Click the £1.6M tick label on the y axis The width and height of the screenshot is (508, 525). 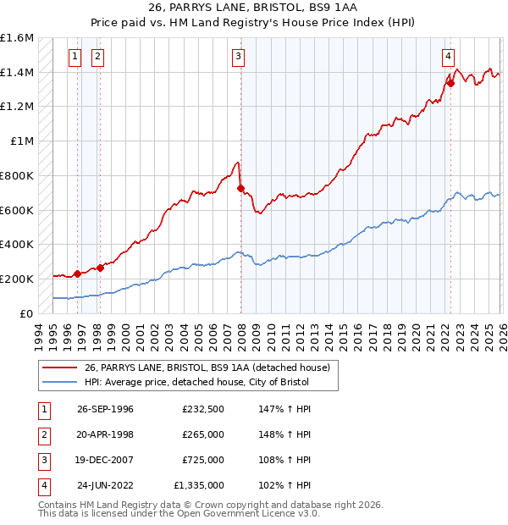17,38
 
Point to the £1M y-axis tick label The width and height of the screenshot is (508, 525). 22,141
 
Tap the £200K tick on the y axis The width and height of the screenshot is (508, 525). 17,279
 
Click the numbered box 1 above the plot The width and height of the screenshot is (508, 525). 75,57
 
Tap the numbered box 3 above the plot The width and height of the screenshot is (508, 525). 239,57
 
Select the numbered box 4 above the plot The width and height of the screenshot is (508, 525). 447,57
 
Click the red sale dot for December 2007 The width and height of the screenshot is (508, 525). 241,188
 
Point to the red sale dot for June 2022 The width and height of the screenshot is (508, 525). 451,83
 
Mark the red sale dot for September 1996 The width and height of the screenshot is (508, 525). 78,273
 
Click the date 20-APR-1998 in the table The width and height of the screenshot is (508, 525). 105,435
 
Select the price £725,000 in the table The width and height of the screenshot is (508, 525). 202,461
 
